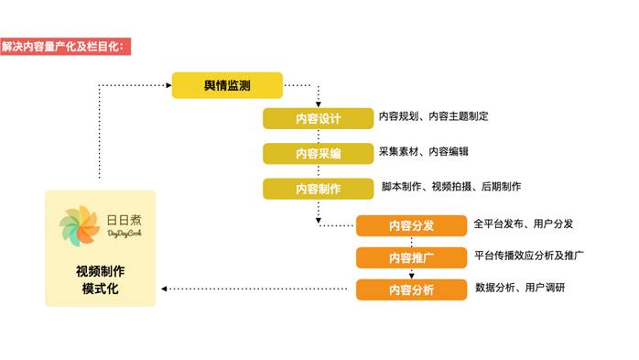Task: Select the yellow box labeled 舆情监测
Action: click(x=227, y=85)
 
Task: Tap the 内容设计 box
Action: click(x=318, y=119)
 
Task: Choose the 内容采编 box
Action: click(x=318, y=154)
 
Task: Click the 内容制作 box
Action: click(x=318, y=189)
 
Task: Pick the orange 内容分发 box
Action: click(x=411, y=225)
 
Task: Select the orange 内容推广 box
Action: click(x=411, y=257)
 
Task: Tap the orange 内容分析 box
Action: click(x=411, y=289)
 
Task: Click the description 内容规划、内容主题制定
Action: click(x=434, y=116)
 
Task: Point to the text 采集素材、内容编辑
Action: click(x=424, y=152)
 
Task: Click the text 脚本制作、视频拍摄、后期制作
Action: click(x=451, y=187)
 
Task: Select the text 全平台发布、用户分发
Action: click(x=524, y=224)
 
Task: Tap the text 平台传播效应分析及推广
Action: click(x=529, y=256)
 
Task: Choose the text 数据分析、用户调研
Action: click(x=520, y=288)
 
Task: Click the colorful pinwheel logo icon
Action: click(x=80, y=226)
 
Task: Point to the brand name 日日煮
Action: click(x=124, y=220)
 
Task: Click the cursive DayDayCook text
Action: click(x=125, y=234)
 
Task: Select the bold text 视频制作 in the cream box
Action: click(x=101, y=271)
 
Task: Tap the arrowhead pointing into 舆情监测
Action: click(x=168, y=85)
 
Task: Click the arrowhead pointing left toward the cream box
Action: click(x=164, y=289)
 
